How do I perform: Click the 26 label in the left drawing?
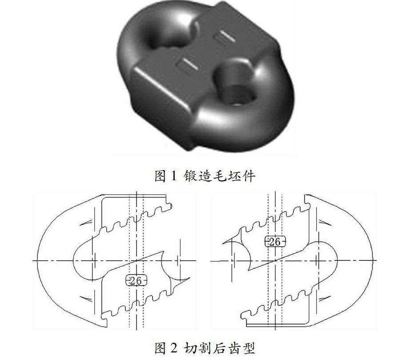(136, 280)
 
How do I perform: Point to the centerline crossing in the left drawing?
(136, 260)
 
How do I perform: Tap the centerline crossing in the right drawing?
(275, 260)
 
